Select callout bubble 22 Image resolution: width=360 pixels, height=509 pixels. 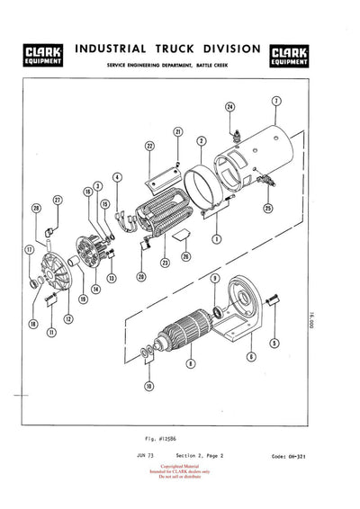(x=150, y=145)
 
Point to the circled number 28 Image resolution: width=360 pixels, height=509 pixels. (x=37, y=209)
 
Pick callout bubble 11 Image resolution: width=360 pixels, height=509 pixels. (x=51, y=332)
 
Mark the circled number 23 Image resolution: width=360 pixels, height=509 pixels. (x=165, y=263)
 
